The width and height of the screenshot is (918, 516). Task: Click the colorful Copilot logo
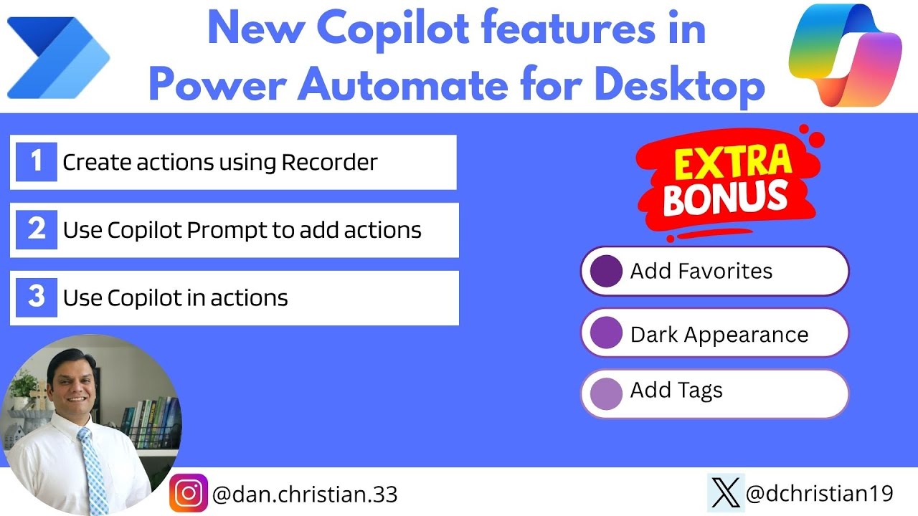click(x=845, y=56)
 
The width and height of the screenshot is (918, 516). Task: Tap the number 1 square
click(x=37, y=162)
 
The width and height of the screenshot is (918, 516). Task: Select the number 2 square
click(x=37, y=230)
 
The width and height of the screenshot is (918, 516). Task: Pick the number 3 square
click(x=37, y=297)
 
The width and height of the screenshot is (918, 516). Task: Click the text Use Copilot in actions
click(x=175, y=298)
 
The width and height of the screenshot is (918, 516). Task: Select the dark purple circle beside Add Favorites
click(x=606, y=272)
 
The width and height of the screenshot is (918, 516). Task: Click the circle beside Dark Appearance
click(x=606, y=334)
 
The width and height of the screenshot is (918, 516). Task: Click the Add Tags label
click(x=676, y=391)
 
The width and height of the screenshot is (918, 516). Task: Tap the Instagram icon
click(x=189, y=493)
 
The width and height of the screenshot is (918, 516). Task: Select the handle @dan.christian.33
click(x=305, y=494)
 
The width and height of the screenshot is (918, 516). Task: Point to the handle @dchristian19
click(x=819, y=493)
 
